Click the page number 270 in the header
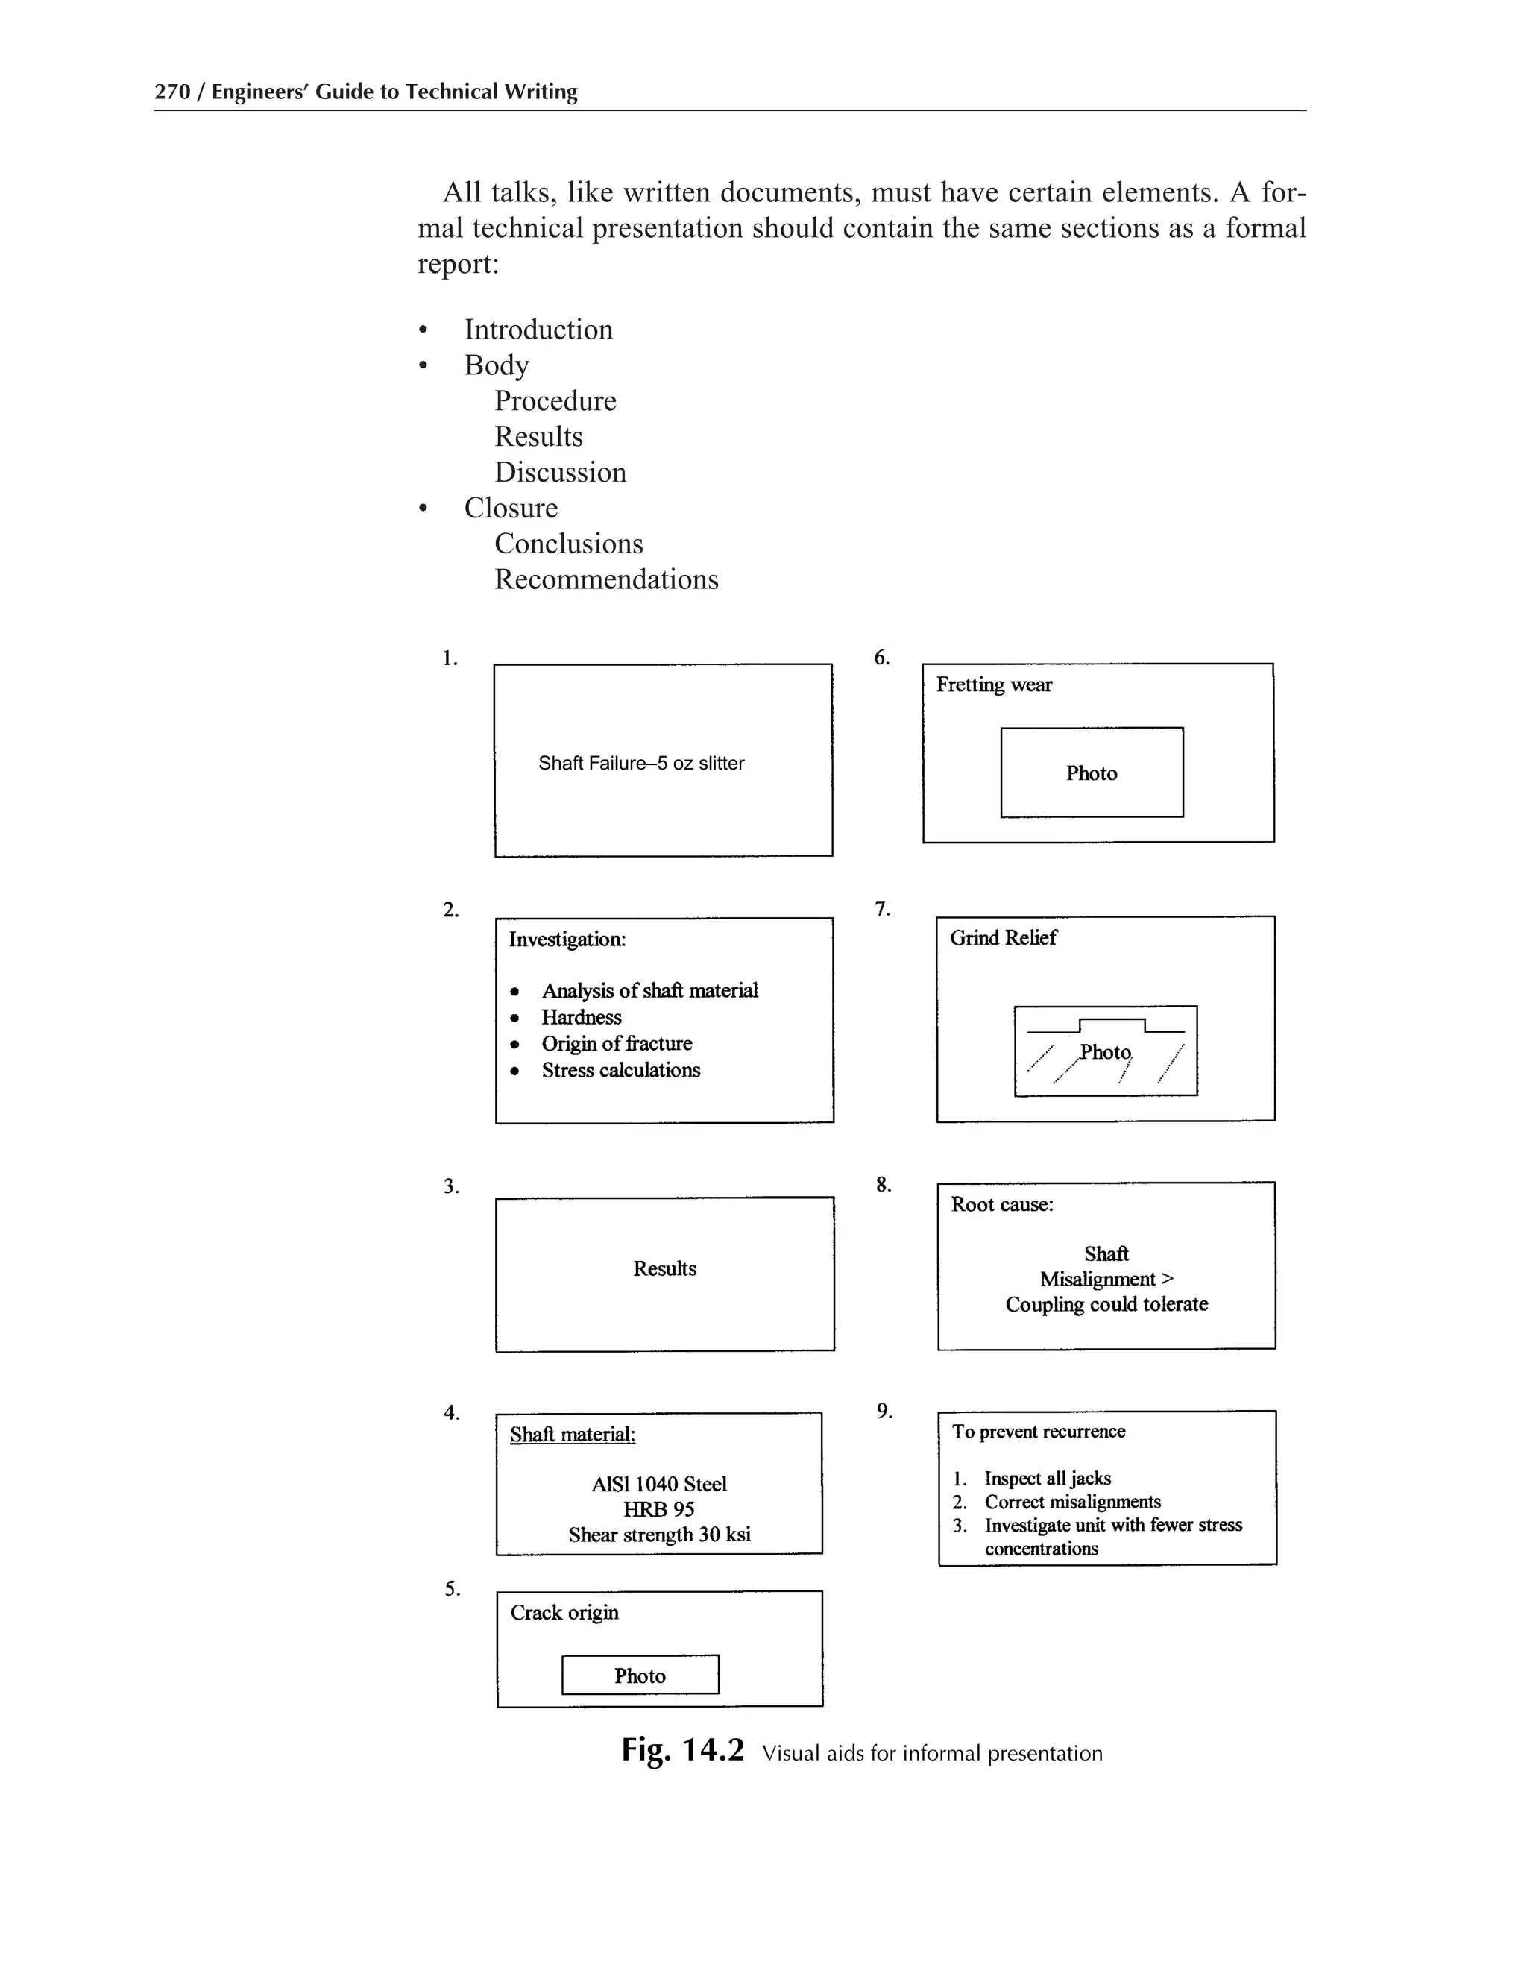[172, 92]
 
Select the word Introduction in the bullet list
[538, 330]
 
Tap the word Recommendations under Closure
[606, 579]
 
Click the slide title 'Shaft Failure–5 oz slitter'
[641, 763]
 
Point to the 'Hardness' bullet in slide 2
[582, 1017]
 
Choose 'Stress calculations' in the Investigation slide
[620, 1070]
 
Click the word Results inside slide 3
[665, 1268]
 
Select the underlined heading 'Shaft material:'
[573, 1434]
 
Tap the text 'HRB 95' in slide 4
[658, 1509]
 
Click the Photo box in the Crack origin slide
[640, 1675]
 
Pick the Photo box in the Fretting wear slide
[1092, 773]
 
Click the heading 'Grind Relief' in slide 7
[1004, 937]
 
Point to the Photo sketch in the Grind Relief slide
[1106, 1051]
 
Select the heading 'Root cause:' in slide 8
[1002, 1204]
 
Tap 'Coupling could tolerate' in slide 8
[1106, 1303]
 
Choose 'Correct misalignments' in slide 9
[1073, 1502]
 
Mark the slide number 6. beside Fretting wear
[882, 658]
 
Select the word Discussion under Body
[560, 472]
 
